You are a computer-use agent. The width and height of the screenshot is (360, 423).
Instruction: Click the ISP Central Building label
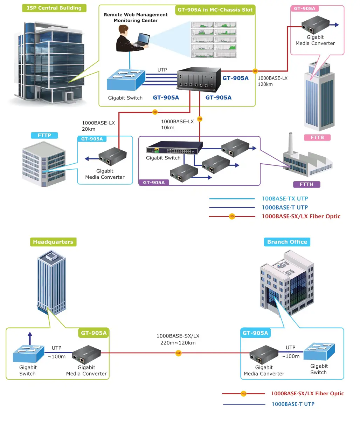[x=54, y=8]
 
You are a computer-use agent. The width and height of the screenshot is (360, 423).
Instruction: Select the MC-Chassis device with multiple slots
[x=199, y=79]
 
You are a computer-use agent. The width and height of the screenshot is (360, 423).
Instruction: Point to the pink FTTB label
[x=317, y=137]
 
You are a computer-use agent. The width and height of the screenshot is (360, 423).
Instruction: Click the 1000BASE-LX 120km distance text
[x=272, y=81]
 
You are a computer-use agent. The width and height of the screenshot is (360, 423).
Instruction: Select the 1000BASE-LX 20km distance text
[x=98, y=126]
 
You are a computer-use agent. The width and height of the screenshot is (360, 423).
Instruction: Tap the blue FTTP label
[x=44, y=135]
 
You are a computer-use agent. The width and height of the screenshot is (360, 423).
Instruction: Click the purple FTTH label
[x=306, y=184]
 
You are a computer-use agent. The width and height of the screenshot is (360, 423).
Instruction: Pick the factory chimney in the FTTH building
[x=290, y=144]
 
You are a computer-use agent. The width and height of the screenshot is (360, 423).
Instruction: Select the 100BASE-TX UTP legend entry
[x=285, y=199]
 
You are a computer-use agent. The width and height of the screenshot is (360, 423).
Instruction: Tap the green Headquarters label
[x=53, y=242]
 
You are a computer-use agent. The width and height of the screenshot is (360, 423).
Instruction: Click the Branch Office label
[x=287, y=242]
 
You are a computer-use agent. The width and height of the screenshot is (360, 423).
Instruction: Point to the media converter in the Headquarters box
[x=86, y=354]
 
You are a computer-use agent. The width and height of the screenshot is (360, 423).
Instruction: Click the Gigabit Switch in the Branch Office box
[x=319, y=352]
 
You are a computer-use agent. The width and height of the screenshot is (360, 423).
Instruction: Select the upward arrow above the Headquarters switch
[x=30, y=338]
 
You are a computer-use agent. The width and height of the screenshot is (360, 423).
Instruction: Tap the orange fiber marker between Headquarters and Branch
[x=179, y=353]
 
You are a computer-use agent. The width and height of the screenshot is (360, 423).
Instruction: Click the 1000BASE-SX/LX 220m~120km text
[x=178, y=339]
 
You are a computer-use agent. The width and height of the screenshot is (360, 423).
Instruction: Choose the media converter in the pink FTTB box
[x=315, y=24]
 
